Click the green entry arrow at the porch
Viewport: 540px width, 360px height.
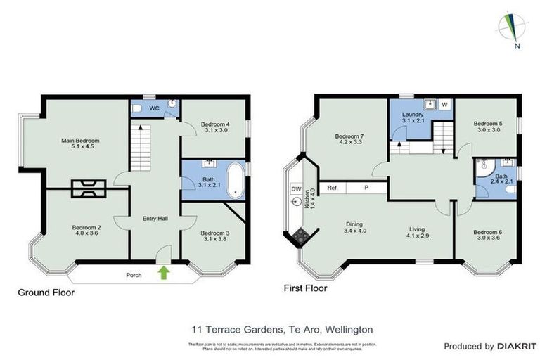[x=165, y=272]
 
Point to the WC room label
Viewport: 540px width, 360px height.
[x=153, y=108]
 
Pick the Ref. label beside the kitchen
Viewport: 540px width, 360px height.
[x=333, y=188]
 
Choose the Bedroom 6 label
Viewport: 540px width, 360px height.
[x=487, y=232]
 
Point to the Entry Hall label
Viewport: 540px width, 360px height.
[x=154, y=219]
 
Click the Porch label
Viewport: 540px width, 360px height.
[x=135, y=275]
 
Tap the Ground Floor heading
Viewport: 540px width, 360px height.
[x=46, y=292]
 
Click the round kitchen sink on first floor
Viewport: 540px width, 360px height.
[x=295, y=204]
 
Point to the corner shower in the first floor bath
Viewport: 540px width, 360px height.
[x=482, y=169]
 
